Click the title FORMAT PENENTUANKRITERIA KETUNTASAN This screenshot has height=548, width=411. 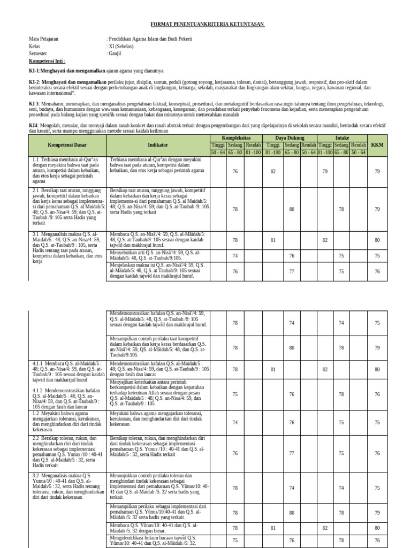coord(208,25)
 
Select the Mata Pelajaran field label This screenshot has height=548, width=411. coord(43,39)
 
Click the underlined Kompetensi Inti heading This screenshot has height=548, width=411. coord(47,62)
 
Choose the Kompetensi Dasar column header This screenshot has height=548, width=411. coord(67,144)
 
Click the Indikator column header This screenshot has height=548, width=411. coord(158,144)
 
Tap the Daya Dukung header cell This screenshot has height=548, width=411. coord(290,138)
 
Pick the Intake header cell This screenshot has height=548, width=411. coord(342,138)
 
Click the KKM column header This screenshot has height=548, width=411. coord(377,144)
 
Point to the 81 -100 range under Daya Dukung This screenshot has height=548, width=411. coord(273,152)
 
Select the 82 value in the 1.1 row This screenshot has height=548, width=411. coord(273,171)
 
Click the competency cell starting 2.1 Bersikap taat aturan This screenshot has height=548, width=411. coord(67,209)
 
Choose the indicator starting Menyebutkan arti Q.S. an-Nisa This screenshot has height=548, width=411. coord(158,255)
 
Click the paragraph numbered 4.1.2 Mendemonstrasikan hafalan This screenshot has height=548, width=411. coord(67,399)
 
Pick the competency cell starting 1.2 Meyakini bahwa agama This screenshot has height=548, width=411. coord(67,422)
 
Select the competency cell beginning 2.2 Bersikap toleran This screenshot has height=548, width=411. coord(67,453)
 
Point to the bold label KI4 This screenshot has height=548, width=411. coord(33,126)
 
